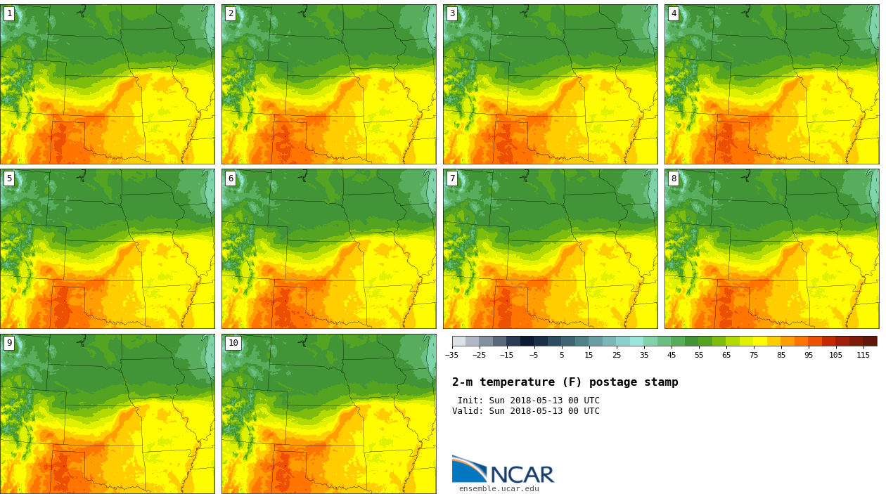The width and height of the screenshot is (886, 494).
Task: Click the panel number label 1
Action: point(9,13)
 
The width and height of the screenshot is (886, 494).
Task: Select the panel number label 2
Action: point(231,13)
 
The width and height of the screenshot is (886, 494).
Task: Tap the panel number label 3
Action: point(452,13)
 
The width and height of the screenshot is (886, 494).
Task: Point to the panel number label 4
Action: point(674,13)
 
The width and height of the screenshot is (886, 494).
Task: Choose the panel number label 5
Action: point(9,178)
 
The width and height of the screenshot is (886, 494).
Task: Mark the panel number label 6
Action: point(231,178)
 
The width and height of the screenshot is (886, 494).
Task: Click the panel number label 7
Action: point(452,178)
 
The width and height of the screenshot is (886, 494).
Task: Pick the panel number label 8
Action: point(674,178)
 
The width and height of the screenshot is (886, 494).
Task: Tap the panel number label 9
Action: point(9,344)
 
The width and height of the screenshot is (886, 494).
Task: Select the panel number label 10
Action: point(233,344)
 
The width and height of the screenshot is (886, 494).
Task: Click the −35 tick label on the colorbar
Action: point(452,356)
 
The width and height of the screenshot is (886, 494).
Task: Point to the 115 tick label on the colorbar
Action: point(863,356)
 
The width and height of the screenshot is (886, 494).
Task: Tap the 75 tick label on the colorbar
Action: point(754,356)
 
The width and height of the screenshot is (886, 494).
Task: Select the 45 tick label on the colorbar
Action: point(672,356)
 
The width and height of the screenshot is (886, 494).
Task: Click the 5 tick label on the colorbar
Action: point(562,356)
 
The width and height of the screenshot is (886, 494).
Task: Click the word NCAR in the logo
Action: point(522,476)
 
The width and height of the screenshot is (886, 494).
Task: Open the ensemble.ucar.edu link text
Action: point(499,489)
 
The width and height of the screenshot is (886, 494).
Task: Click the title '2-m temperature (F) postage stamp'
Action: point(565,382)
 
